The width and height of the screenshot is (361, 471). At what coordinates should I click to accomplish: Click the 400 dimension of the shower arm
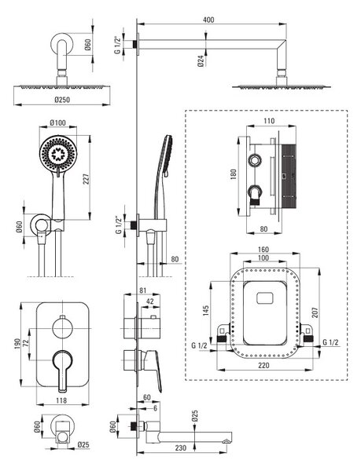point(208,20)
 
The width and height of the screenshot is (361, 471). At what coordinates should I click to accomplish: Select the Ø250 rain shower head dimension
point(62,100)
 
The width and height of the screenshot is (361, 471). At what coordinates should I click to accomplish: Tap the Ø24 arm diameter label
point(201,61)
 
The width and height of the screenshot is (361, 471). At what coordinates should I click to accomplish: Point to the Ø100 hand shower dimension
point(57,123)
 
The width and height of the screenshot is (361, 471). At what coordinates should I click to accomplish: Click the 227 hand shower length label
point(87,178)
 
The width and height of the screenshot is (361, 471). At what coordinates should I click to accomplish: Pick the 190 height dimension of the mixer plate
point(17,345)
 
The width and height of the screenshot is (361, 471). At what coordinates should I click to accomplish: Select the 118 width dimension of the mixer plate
point(61,400)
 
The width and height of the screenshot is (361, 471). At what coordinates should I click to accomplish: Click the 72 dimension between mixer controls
point(25,344)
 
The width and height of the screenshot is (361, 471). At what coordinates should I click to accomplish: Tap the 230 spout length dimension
point(180,447)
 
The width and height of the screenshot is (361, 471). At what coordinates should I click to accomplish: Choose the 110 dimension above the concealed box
point(269,121)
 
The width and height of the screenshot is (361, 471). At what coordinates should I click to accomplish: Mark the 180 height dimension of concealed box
point(233,174)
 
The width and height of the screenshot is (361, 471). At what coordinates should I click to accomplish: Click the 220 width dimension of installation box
point(263,365)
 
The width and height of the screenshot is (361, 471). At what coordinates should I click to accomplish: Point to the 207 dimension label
point(315,312)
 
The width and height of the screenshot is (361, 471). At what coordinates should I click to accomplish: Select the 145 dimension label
point(206,311)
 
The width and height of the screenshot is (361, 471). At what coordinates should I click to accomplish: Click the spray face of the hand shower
point(58,154)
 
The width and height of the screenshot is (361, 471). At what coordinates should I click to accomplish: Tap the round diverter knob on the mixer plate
point(63,328)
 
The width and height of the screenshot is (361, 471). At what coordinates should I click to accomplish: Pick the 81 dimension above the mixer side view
point(143,290)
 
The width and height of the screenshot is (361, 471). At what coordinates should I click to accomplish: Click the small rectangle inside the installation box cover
point(265,298)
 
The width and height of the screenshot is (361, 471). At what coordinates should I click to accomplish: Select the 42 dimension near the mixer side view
point(149,301)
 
